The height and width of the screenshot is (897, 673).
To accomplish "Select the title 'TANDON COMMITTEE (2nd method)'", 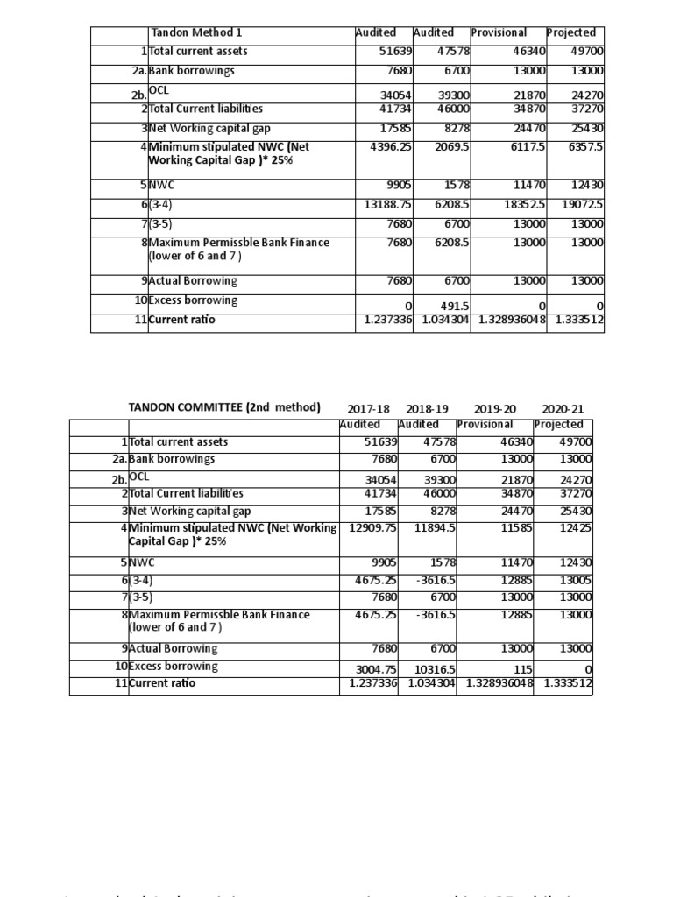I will (x=224, y=407).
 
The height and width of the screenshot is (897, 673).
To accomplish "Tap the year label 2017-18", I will (x=368, y=409).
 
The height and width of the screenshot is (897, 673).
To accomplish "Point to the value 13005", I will (x=575, y=579).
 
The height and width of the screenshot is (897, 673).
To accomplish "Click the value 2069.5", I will (x=453, y=147).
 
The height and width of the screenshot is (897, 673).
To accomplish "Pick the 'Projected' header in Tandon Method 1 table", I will (x=570, y=32).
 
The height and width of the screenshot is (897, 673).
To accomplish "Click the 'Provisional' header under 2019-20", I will (x=485, y=424).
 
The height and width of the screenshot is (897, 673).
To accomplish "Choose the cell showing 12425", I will (x=575, y=527).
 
